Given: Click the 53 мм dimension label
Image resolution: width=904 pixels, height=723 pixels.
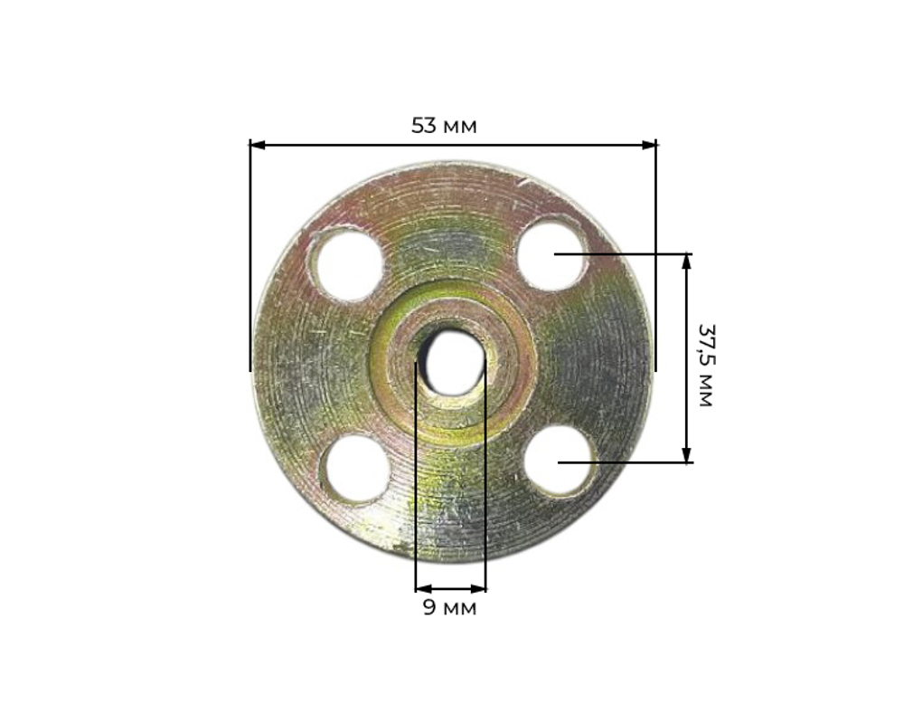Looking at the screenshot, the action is (444, 126).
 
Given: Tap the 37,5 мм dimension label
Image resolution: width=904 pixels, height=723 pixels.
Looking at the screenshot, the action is (706, 366).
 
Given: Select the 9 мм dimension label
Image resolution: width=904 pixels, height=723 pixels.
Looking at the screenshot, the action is (449, 607).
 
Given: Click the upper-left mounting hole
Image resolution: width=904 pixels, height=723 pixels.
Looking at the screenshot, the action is (346, 264).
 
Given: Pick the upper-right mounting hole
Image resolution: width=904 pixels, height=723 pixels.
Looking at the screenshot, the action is (551, 254).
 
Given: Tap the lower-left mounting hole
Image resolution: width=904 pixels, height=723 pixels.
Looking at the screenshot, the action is (355, 470).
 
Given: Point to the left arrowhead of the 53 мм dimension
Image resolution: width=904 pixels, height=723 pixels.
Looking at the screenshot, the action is (257, 145).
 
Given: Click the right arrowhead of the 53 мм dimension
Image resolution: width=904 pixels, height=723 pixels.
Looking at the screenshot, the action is (648, 145).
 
